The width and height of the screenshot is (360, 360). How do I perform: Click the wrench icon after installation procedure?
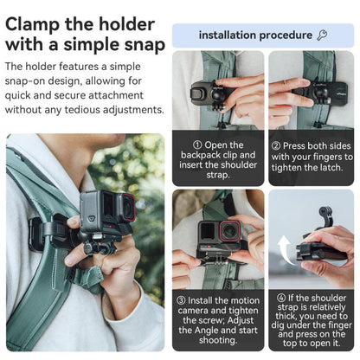322,35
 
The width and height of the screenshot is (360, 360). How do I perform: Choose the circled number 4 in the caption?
280,299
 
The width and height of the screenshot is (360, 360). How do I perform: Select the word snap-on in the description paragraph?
30,80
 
